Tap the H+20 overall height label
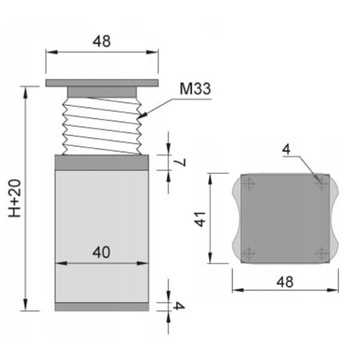(13, 199)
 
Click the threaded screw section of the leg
(102, 122)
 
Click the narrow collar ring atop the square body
(102, 159)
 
